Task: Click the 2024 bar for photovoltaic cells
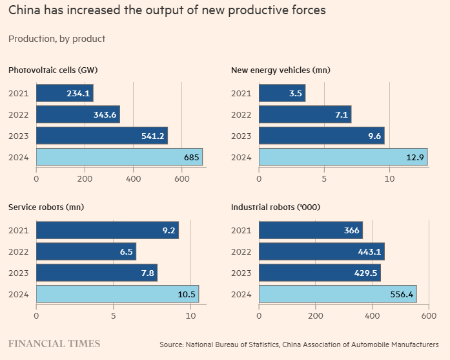pos(119,157)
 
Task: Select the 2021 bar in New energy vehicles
pos(282,93)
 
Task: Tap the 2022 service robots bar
pos(86,251)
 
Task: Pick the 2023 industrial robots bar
pos(320,273)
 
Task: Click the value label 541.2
pos(152,136)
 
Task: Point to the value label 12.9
pos(414,157)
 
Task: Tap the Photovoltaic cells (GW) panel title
pos(52,70)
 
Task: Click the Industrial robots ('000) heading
pos(276,207)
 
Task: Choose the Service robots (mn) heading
pos(46,207)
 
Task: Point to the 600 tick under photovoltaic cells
pos(181,179)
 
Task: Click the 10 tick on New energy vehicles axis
pos(390,179)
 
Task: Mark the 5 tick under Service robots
pos(114,316)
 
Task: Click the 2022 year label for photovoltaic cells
pos(19,114)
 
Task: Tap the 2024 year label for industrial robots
pos(241,294)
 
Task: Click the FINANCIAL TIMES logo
pos(54,343)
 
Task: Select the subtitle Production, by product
pos(57,39)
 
